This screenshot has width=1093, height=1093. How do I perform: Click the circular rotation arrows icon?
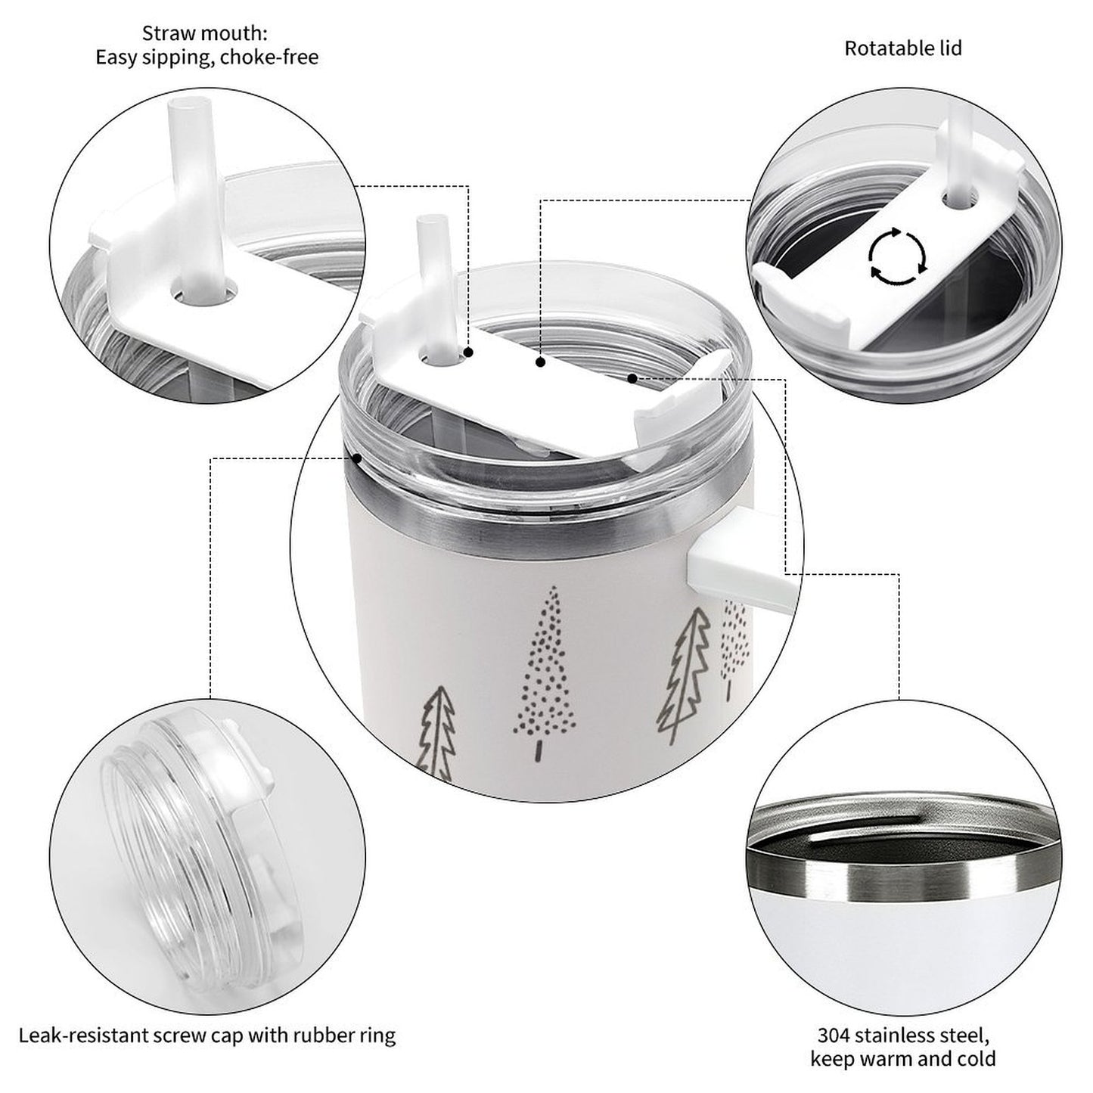point(898,256)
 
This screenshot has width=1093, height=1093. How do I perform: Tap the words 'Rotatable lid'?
point(903,48)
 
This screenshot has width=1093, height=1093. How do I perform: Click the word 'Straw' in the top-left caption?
point(167,34)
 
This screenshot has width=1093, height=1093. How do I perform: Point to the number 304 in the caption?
point(834,1020)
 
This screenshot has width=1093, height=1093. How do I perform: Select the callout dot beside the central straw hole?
point(468,352)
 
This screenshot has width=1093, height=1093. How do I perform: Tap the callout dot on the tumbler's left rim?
point(357,458)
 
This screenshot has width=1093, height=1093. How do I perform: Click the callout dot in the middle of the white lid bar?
point(541,362)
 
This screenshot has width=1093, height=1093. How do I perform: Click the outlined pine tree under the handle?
point(684,675)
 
